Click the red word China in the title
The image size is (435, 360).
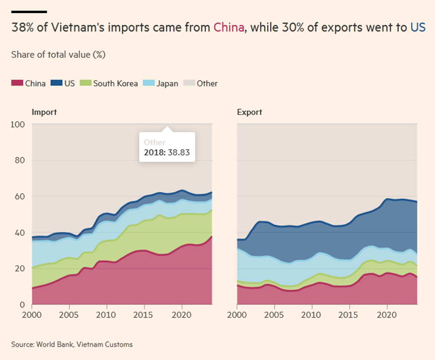click(229, 27)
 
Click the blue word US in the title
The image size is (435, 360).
click(417, 27)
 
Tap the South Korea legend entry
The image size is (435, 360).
click(115, 83)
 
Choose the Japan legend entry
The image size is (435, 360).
click(167, 83)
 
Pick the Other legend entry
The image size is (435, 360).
click(207, 83)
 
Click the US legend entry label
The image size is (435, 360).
click(69, 83)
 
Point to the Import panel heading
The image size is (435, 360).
click(44, 112)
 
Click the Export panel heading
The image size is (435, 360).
click(249, 112)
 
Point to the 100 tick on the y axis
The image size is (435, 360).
click(18, 125)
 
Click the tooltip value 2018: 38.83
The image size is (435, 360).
click(166, 153)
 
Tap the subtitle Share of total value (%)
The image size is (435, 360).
click(58, 54)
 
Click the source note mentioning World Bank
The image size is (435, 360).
click(72, 344)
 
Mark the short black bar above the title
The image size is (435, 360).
click(29, 11)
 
